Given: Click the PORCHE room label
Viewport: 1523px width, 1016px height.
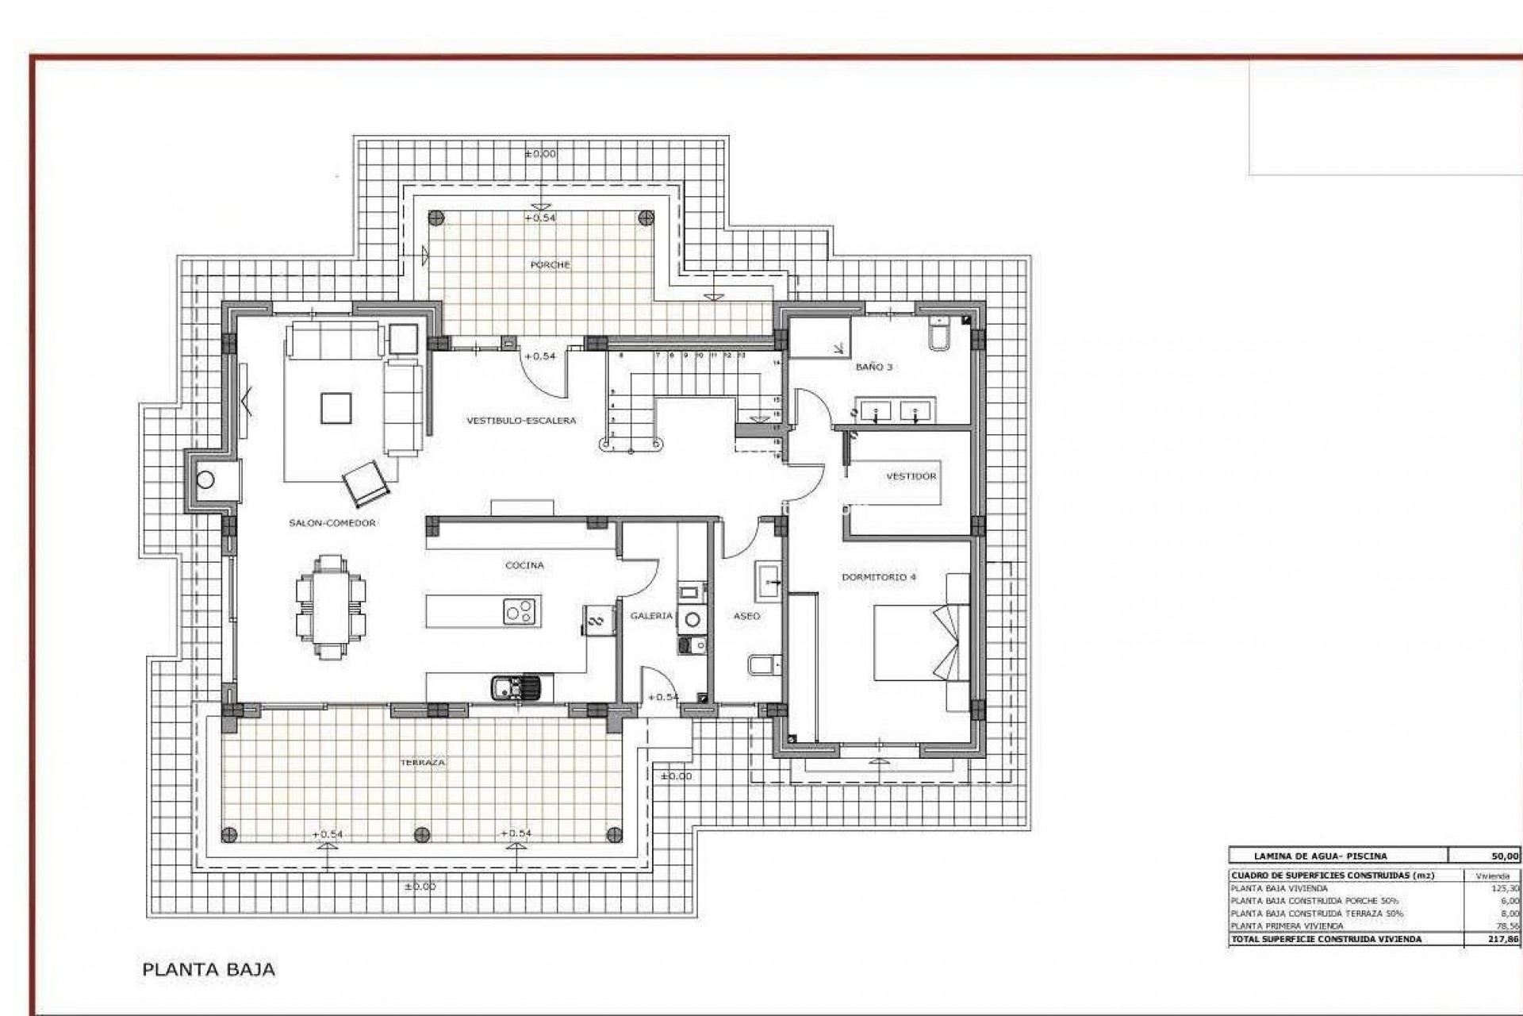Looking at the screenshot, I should point(550,265).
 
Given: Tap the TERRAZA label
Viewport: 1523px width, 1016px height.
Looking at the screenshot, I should point(423,762).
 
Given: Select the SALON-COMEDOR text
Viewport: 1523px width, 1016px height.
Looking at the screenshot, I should point(332,523).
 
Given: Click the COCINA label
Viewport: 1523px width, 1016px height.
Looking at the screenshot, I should point(524,565).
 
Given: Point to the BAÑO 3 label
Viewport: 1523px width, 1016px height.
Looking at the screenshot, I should point(873,368).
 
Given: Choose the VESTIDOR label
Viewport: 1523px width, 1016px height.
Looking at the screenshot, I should point(911,476).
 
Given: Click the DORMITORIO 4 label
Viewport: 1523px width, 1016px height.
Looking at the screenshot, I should point(878,577).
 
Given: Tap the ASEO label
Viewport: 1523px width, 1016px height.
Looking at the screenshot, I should point(746,616).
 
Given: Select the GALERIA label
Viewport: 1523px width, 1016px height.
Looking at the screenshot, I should point(651,616).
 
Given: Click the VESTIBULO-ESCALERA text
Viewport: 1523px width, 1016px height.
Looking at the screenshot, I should point(520,421).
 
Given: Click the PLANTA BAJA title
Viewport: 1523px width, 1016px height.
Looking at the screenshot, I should point(208,969).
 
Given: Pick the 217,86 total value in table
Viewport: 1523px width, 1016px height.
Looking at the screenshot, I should point(1503,939).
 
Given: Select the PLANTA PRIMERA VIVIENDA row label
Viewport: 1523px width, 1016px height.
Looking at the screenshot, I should point(1287,926).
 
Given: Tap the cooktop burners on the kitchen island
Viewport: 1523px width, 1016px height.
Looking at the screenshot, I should point(521,612).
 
